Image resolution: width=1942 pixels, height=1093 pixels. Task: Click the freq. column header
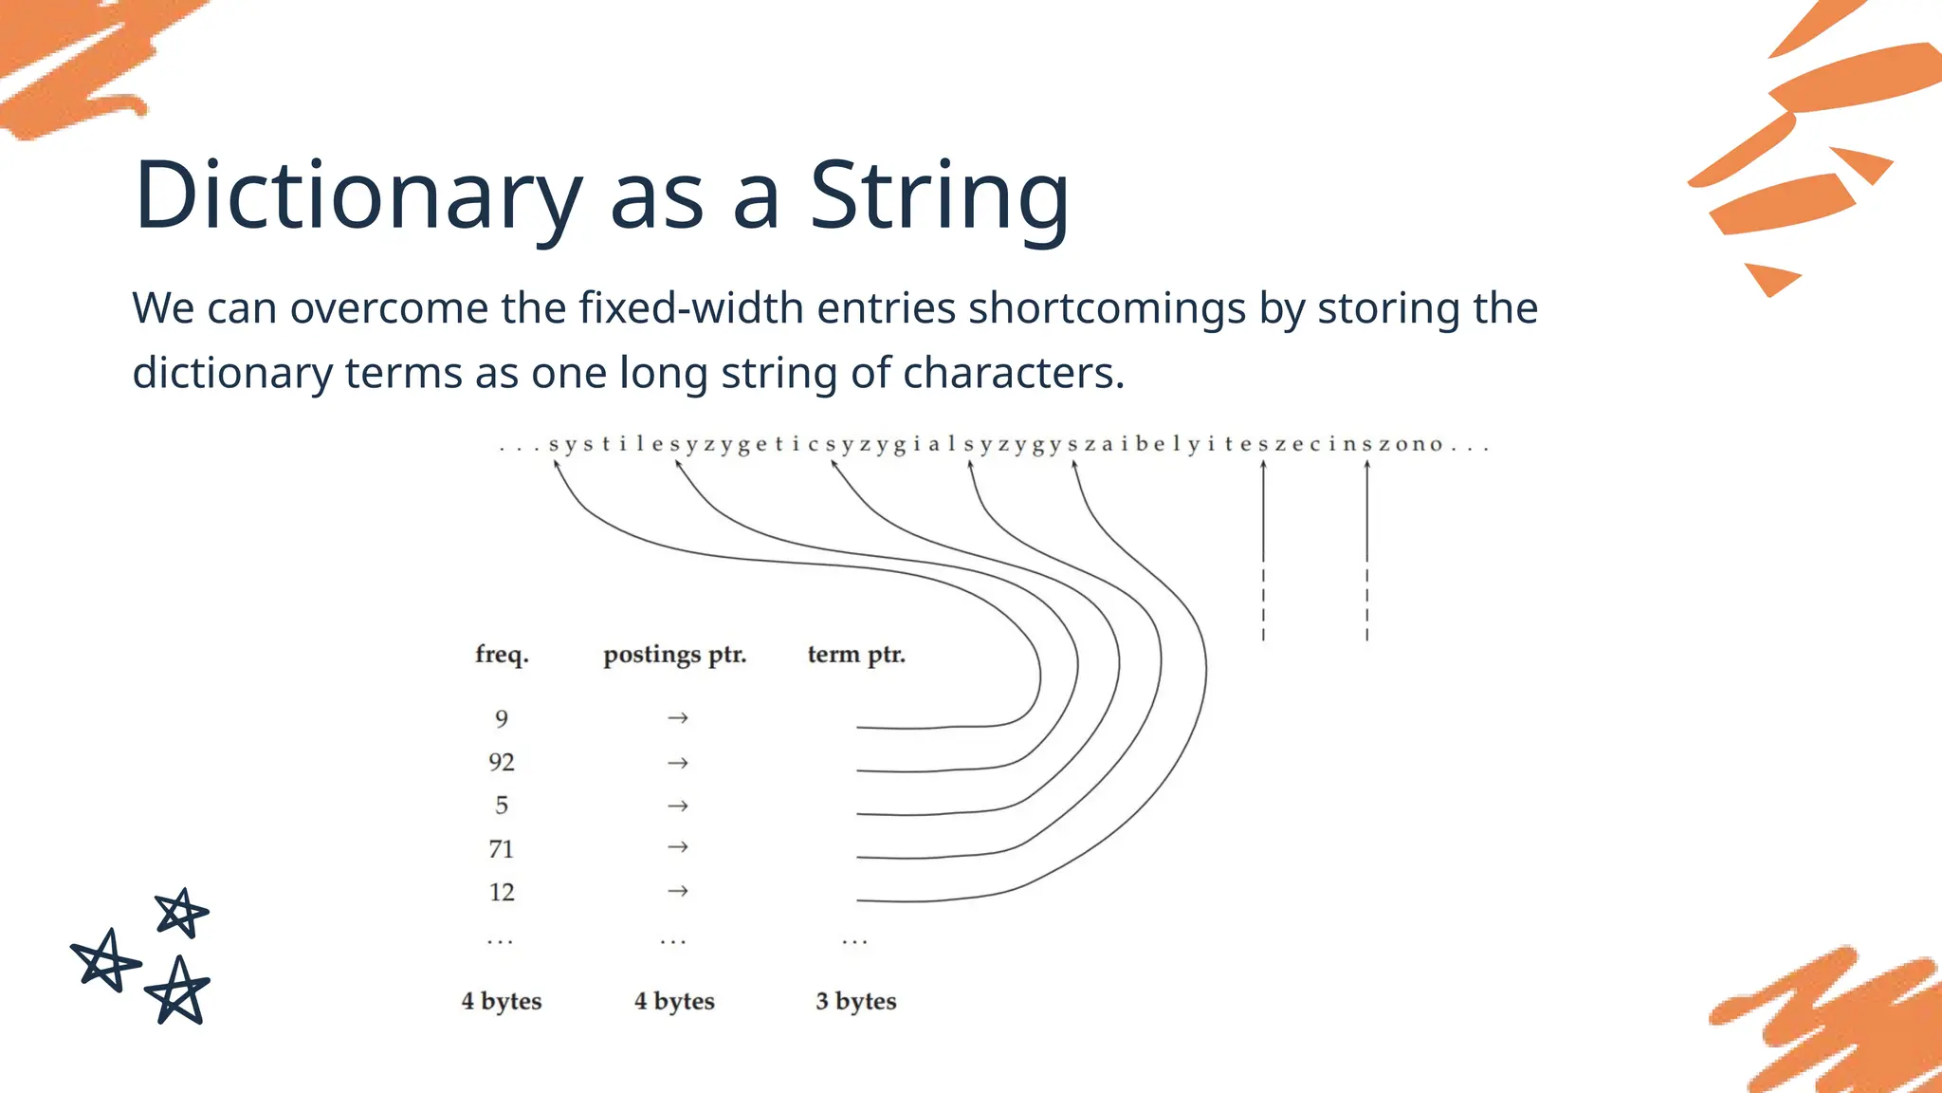[502, 655]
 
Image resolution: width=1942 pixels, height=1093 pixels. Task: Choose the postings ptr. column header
[674, 655]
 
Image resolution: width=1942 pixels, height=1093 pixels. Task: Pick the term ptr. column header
[856, 655]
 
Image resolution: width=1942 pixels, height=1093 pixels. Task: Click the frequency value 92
[502, 763]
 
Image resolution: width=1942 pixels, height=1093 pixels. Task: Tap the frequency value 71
[502, 849]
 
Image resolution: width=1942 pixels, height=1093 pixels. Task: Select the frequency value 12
[502, 893]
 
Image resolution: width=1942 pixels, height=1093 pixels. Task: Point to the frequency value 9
[502, 719]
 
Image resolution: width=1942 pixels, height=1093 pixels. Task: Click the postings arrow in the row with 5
[677, 806]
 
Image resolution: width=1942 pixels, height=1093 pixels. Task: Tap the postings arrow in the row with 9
[677, 718]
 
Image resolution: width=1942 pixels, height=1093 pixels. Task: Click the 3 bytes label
[855, 1001]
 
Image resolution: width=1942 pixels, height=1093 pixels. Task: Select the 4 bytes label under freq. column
[502, 1001]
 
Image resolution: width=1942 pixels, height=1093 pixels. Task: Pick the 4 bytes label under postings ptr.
[674, 1001]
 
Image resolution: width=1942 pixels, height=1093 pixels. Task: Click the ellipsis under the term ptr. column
[854, 942]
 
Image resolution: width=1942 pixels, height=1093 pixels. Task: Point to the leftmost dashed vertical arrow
[1263, 550]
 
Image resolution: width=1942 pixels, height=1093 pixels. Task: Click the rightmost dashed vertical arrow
[1366, 550]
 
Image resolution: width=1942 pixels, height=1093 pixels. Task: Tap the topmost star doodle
[181, 913]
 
